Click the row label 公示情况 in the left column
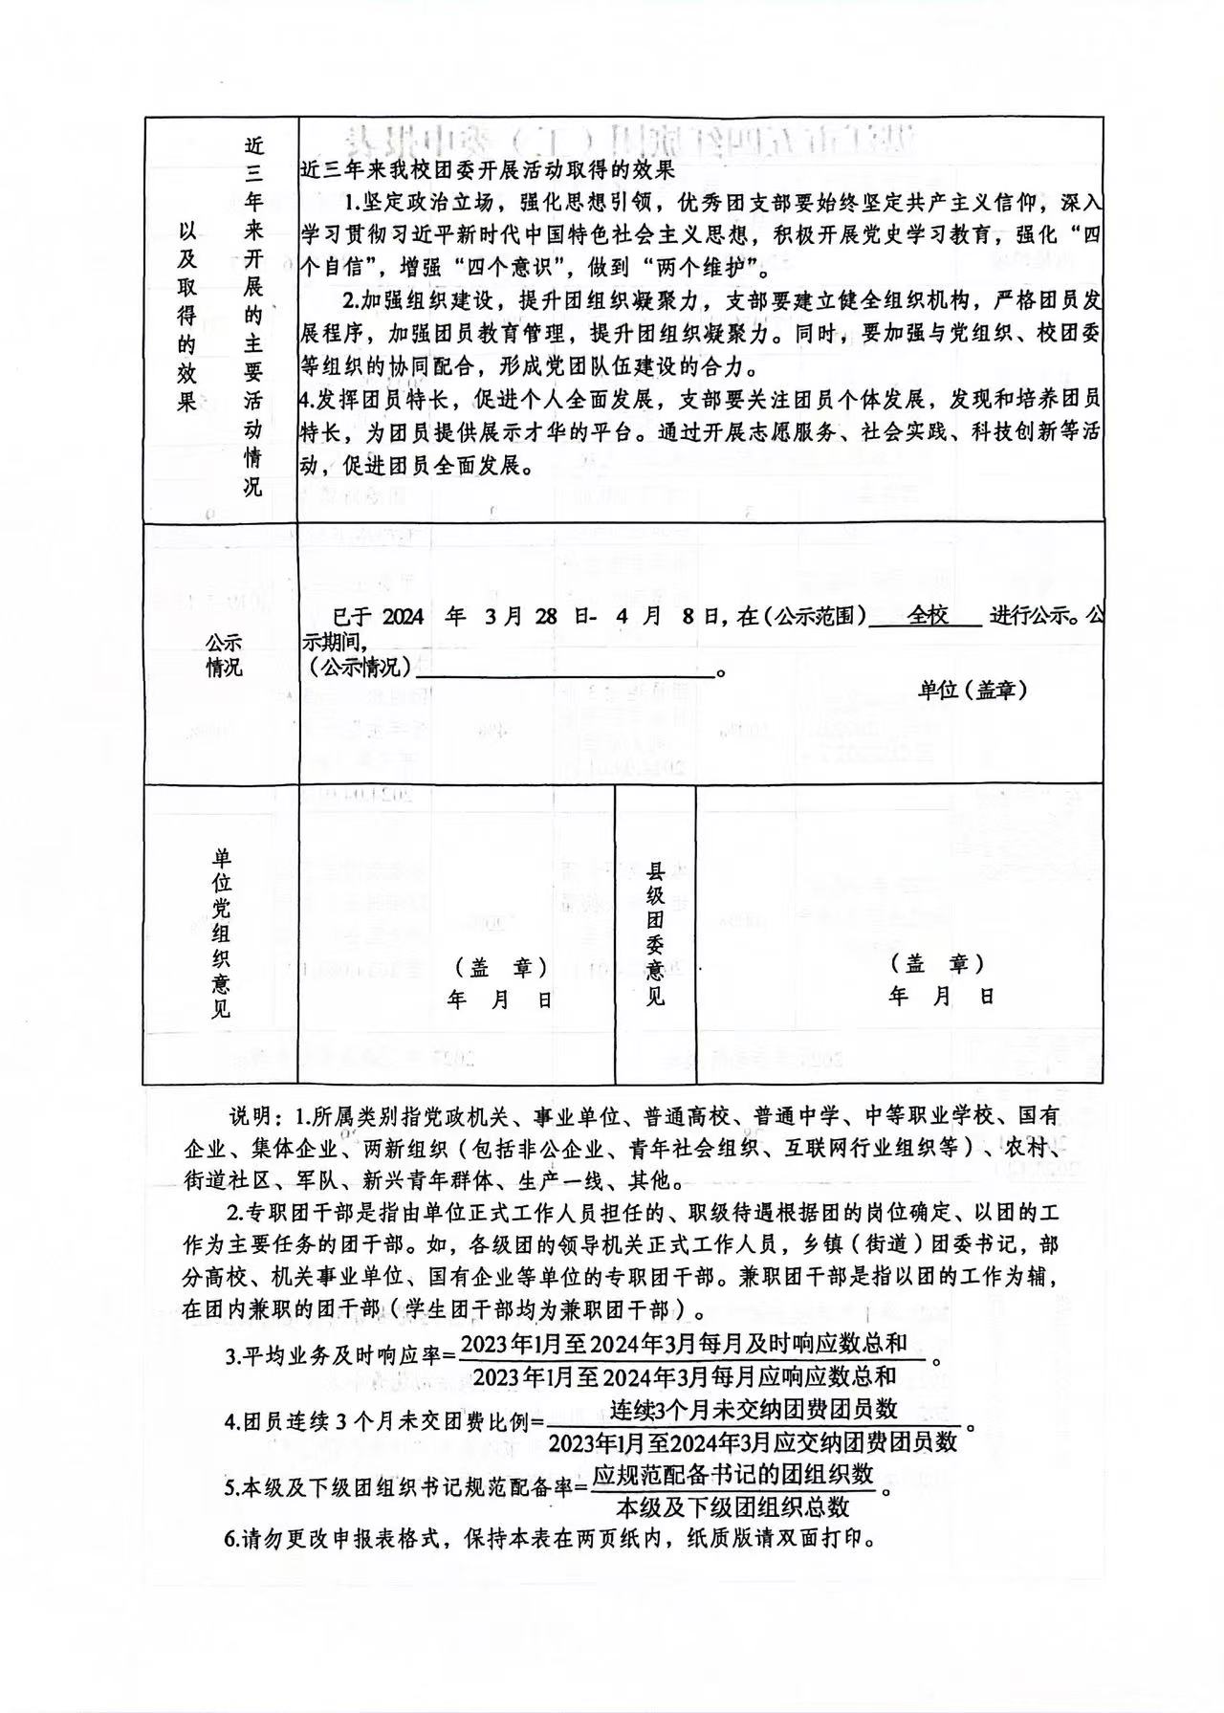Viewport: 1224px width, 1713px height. (x=224, y=655)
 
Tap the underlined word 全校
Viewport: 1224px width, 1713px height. (x=928, y=616)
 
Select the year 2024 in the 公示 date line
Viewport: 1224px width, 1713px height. (x=403, y=617)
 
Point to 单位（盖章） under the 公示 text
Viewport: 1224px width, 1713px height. (x=973, y=690)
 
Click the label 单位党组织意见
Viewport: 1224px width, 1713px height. (x=221, y=933)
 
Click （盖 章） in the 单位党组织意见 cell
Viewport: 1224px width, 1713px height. (x=500, y=968)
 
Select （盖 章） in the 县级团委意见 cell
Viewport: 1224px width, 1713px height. (x=937, y=963)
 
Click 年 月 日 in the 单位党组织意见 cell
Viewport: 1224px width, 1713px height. (x=500, y=1000)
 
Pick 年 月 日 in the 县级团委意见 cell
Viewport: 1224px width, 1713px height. (x=941, y=997)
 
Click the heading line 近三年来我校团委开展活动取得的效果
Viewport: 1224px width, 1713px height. (x=488, y=170)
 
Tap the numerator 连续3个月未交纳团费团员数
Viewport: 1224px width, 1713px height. (x=754, y=1409)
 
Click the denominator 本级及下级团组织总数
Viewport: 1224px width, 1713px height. (x=732, y=1507)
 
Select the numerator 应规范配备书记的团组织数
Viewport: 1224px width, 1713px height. (x=732, y=1474)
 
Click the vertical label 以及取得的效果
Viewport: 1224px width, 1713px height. (x=187, y=317)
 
